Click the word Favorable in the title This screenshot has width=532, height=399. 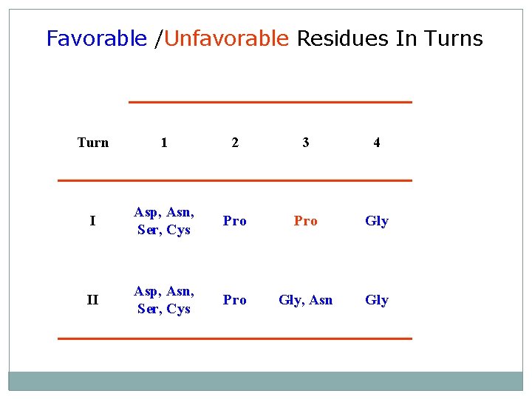(96, 38)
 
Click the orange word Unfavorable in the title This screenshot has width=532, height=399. (226, 38)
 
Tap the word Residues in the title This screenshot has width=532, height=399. (343, 38)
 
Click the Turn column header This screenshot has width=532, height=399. (93, 143)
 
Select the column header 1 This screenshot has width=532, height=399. (164, 143)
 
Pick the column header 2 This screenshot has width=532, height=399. (235, 143)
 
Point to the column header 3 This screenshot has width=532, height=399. (306, 143)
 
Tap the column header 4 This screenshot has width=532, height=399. (377, 143)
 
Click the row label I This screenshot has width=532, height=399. (92, 221)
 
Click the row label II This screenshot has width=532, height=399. (92, 300)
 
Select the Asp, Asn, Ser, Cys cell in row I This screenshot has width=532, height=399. (164, 221)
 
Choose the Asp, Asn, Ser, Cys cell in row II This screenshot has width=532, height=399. (164, 300)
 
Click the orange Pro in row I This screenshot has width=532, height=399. (306, 221)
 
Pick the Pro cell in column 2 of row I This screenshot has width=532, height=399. (235, 221)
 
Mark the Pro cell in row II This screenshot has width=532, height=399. (235, 300)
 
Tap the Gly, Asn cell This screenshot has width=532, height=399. (306, 300)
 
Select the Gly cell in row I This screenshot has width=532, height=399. (377, 221)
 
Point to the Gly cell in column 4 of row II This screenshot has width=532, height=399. (377, 300)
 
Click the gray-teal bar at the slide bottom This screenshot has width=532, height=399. (266, 381)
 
